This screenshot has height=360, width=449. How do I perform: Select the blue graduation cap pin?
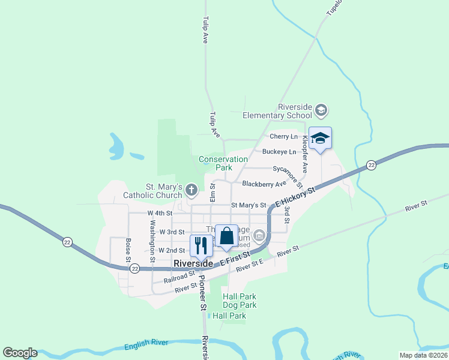click(320, 138)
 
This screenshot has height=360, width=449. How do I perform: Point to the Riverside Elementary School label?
click(278, 111)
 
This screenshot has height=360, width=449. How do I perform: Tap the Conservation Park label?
click(223, 163)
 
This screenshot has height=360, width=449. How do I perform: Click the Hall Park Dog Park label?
click(240, 301)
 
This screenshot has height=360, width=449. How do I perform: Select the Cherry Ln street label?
click(284, 137)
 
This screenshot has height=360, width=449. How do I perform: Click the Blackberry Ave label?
click(264, 184)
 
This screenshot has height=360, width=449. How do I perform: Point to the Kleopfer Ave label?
click(305, 155)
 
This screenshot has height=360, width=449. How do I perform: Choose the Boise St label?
click(128, 250)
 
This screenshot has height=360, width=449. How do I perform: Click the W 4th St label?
click(160, 213)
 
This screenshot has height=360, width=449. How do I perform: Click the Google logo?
click(20, 353)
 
